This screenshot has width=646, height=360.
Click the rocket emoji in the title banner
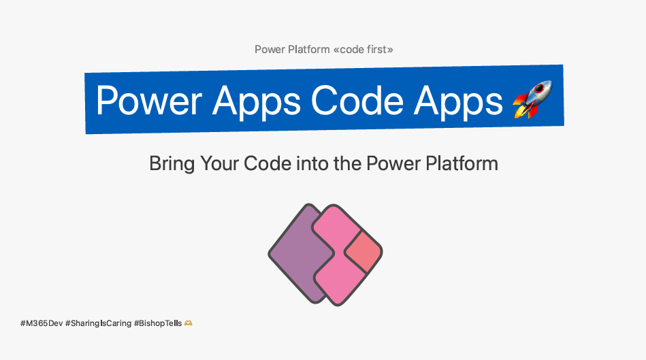[532, 99]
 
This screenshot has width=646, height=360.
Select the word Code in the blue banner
[357, 101]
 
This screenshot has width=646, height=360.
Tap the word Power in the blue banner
[148, 101]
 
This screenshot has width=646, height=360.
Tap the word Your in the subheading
[219, 163]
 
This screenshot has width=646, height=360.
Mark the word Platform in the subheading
[462, 163]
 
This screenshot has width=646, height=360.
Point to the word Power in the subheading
[393, 163]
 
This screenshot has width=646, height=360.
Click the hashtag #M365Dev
[42, 323]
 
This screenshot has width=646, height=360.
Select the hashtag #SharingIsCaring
[98, 324]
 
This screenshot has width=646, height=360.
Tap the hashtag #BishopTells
[158, 324]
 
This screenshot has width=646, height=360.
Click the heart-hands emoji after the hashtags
[189, 323]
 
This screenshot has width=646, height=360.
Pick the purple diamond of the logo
[297, 253]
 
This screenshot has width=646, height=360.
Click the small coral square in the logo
[363, 252]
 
